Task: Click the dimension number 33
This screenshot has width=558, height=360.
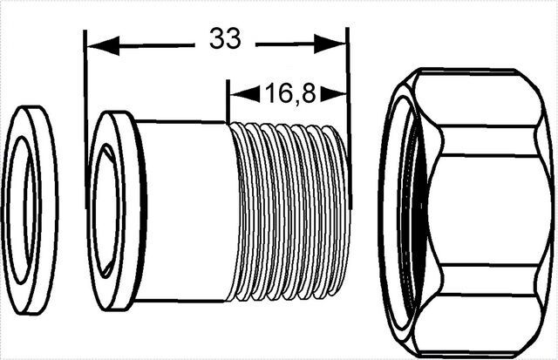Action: (x=225, y=38)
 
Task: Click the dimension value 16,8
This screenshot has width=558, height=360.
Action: (x=290, y=93)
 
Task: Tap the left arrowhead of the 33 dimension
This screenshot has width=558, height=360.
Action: (x=103, y=45)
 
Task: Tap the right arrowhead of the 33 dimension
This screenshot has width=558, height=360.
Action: (x=330, y=44)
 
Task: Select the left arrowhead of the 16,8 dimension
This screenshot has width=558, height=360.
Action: (x=245, y=94)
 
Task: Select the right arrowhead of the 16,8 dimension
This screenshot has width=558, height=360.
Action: (x=334, y=94)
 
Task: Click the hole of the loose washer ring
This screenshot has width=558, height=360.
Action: (x=22, y=209)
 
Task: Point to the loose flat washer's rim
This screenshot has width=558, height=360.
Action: (x=49, y=210)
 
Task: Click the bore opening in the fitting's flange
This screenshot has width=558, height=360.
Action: (x=106, y=211)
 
